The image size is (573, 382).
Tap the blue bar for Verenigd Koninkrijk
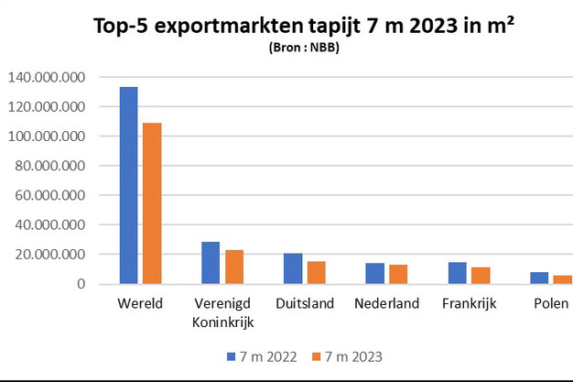click(211, 263)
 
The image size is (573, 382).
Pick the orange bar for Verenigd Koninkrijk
click(233, 267)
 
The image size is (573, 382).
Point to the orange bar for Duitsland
click(315, 273)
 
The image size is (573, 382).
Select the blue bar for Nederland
click(375, 273)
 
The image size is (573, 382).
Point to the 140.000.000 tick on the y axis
click(47, 77)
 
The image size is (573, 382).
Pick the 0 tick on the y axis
click(81, 284)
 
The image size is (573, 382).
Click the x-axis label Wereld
click(141, 303)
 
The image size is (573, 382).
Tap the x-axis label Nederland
click(386, 303)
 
